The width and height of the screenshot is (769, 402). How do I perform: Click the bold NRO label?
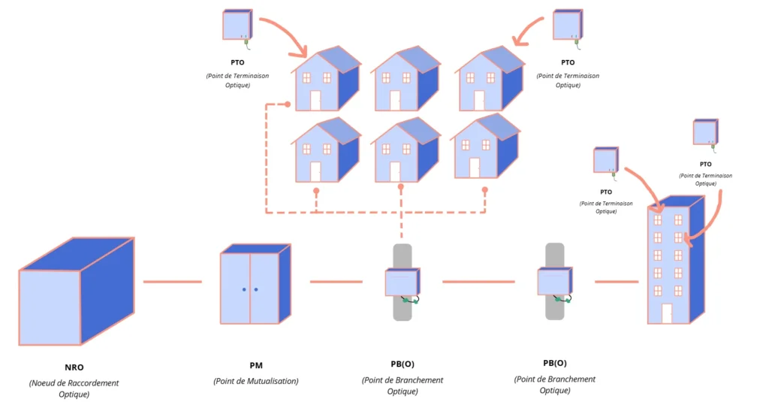click(74, 367)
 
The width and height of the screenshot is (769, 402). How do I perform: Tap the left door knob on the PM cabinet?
click(243, 289)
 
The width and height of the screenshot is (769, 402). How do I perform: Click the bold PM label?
click(255, 365)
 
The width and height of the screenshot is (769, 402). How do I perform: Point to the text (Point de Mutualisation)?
click(255, 381)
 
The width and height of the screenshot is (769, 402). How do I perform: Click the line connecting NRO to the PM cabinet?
click(172, 282)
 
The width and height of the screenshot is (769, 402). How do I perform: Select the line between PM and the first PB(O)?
click(336, 282)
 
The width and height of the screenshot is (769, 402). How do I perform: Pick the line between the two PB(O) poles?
click(478, 282)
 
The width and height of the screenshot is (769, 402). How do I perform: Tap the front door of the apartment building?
click(666, 313)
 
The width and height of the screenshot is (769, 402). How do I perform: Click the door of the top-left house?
click(315, 100)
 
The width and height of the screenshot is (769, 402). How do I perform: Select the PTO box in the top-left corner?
click(236, 24)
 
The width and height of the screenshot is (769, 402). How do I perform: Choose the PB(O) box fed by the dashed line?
click(403, 283)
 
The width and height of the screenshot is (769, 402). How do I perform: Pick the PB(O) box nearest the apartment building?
click(554, 282)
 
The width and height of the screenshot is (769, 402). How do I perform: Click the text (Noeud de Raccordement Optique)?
click(74, 388)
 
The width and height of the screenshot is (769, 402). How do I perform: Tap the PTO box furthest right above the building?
click(705, 132)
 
